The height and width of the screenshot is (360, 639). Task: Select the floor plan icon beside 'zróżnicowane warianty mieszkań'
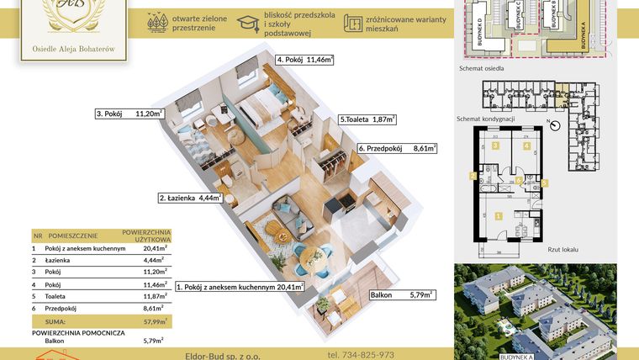pos(353,23)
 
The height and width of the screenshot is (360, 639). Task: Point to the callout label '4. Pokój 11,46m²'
pos(304,60)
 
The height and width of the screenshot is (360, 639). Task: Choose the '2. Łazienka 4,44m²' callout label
pos(190,199)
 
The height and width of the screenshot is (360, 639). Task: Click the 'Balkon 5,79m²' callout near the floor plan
pos(401,295)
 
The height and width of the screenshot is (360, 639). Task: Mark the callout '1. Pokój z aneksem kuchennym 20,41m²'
pos(240,287)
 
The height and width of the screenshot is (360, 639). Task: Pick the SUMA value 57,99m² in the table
pos(154,321)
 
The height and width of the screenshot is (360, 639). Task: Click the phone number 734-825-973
pos(362,354)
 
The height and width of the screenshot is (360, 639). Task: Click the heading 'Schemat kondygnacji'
pos(485,119)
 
